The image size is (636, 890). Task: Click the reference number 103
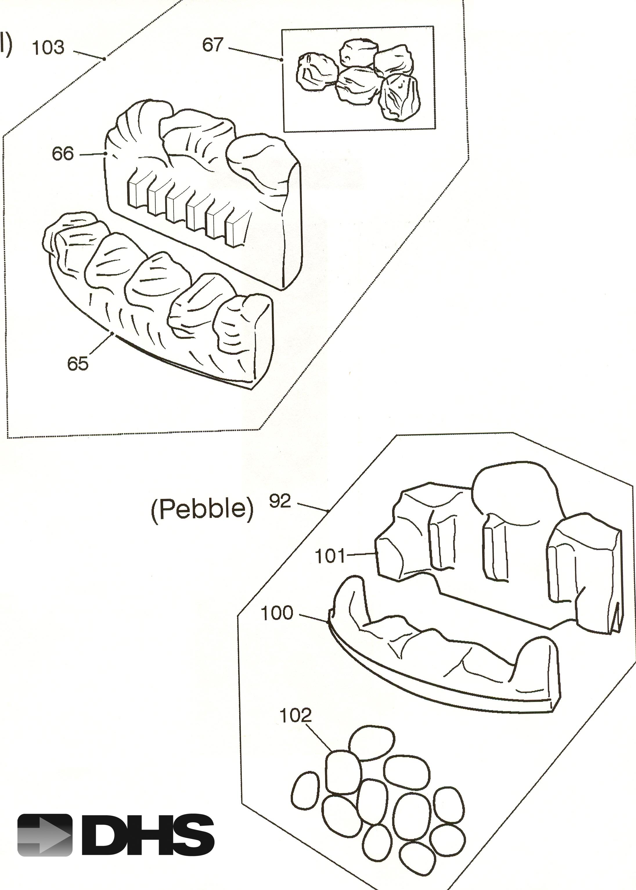point(48,48)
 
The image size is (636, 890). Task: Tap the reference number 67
point(213,45)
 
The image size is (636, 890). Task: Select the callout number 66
point(63,154)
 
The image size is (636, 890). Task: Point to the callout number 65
point(78,364)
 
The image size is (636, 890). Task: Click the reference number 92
point(280,501)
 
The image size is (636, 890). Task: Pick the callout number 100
point(277,613)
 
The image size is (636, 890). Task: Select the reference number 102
point(295,716)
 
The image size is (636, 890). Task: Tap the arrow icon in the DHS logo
point(45,835)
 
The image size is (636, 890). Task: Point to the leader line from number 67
point(255,54)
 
